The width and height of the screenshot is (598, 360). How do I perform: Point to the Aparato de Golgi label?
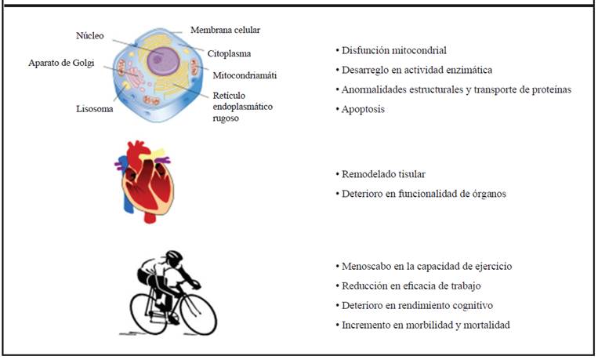point(60,63)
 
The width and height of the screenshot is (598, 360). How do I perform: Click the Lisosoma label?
point(95,109)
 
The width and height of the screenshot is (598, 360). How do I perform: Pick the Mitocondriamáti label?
point(245,75)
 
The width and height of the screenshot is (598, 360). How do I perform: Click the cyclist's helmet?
point(172,256)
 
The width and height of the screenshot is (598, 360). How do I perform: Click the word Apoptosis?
point(364,109)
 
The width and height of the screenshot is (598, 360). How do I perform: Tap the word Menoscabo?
point(366,266)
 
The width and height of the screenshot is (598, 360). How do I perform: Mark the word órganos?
point(490,192)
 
